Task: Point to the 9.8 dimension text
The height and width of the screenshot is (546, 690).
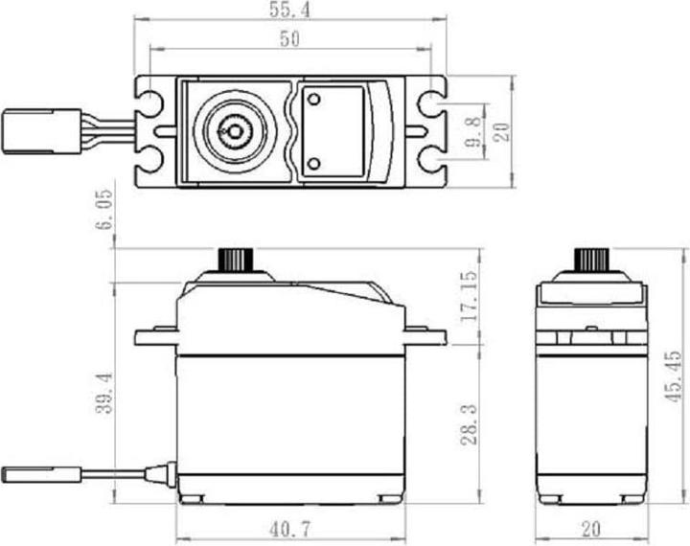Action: click(473, 129)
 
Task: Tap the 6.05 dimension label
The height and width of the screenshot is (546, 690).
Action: click(104, 208)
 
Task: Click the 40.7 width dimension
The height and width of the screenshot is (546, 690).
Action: click(290, 528)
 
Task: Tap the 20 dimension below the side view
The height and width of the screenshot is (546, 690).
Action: click(591, 528)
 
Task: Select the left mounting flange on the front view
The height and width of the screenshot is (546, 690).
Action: click(155, 335)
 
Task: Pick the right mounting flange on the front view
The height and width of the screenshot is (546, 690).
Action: click(425, 335)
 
